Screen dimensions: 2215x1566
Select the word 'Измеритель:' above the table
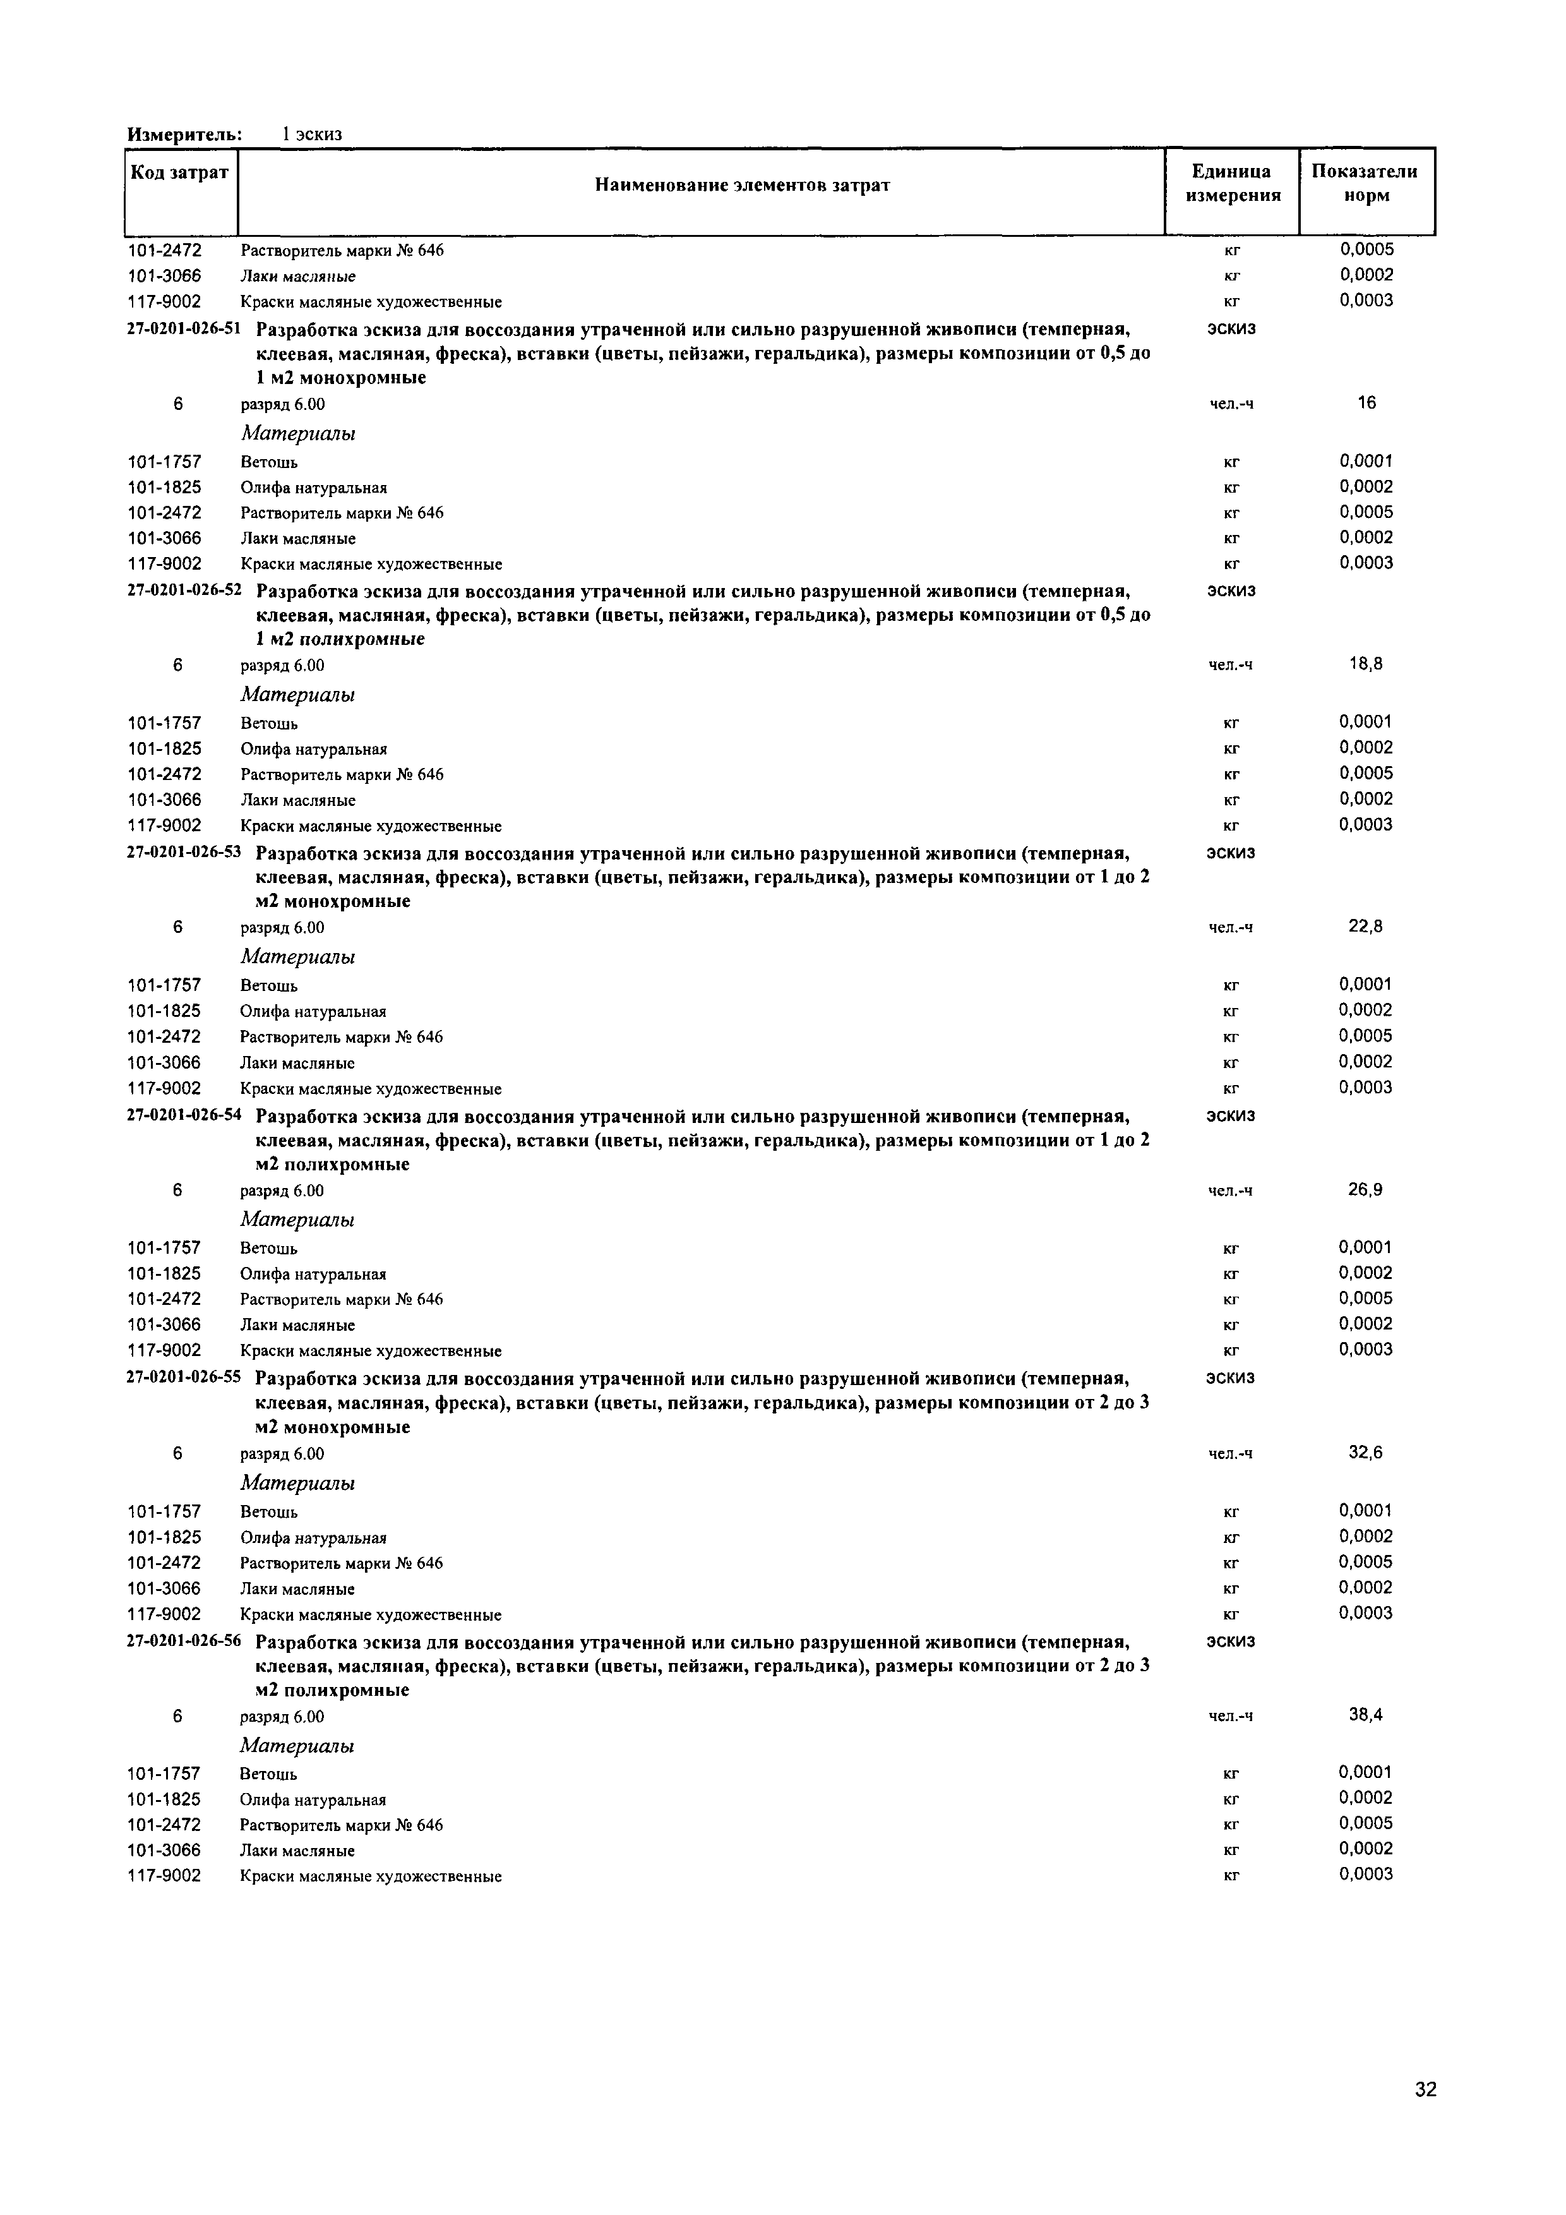[x=184, y=134]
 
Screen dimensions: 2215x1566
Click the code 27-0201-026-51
[x=184, y=329]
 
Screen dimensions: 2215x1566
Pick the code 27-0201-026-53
[x=184, y=853]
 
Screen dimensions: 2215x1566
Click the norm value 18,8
[x=1365, y=664]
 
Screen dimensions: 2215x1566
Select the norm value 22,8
[x=1365, y=926]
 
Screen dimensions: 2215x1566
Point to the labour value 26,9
[x=1365, y=1189]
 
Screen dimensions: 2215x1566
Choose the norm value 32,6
[x=1365, y=1453]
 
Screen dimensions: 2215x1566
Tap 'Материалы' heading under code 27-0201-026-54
[x=297, y=1220]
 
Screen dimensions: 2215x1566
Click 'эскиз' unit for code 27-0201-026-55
[x=1231, y=1378]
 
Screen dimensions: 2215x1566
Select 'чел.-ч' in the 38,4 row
[x=1231, y=1716]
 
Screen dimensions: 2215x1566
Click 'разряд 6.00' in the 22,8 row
[x=282, y=928]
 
